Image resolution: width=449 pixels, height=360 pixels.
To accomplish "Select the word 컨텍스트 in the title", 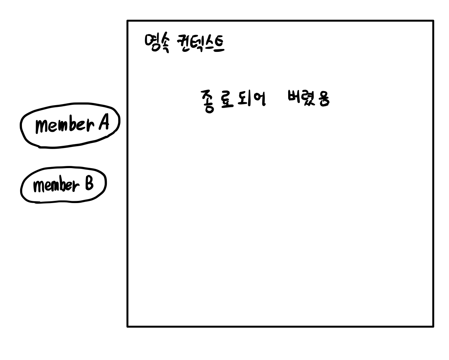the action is pos(200,44).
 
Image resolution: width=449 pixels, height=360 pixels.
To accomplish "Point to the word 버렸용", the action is pos(308,98).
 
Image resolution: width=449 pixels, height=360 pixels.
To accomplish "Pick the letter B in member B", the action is pos(89,184).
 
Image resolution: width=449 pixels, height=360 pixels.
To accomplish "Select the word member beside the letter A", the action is pos(65,125).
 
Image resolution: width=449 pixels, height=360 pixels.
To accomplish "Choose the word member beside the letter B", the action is pos(56,185).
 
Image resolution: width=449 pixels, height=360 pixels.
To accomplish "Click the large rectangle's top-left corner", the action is pos(128,21).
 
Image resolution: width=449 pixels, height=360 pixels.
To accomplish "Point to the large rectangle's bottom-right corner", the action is pos(433,326).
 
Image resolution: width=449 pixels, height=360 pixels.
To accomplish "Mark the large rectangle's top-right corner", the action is pos(433,21).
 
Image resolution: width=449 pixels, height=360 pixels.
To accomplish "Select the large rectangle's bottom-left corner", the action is pos(128,326).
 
